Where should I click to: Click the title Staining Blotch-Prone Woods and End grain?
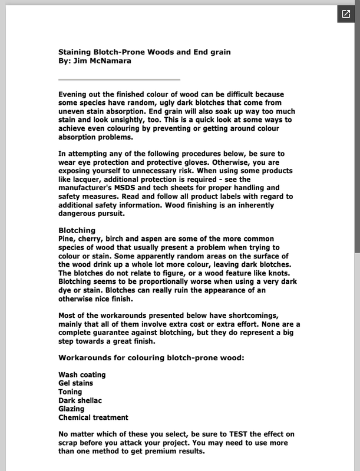(144, 52)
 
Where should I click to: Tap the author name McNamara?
(111, 60)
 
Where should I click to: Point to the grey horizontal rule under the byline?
(119, 79)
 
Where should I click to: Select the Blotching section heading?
(77, 230)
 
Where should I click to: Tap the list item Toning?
(70, 392)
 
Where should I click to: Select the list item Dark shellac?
(80, 400)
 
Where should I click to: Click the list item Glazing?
(71, 409)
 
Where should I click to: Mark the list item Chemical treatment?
(93, 417)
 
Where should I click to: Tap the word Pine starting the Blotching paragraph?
(67, 239)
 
